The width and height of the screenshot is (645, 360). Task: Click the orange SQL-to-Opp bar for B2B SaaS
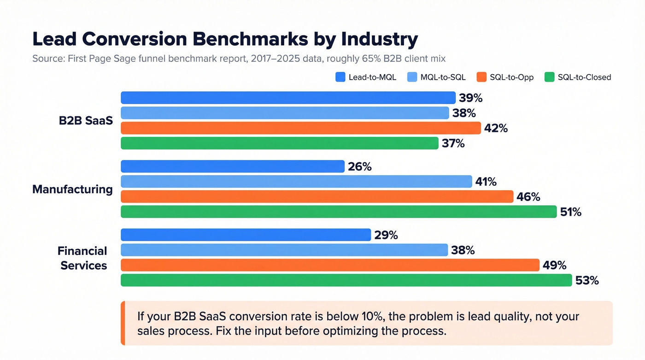(x=301, y=128)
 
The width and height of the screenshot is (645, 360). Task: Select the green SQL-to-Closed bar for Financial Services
(x=346, y=280)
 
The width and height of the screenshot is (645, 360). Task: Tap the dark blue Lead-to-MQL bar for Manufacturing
(x=233, y=166)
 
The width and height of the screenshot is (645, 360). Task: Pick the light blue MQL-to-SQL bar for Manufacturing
(x=296, y=182)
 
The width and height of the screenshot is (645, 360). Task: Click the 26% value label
(x=360, y=167)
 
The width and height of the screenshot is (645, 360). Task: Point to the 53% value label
(x=587, y=280)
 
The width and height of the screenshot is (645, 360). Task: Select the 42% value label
(x=496, y=129)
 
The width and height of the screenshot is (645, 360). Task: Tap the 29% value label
(x=386, y=235)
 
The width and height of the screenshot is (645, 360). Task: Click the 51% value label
(x=570, y=212)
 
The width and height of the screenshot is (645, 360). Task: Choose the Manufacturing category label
(x=72, y=189)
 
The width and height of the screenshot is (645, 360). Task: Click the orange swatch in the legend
(x=481, y=77)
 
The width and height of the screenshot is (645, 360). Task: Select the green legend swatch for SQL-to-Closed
(x=549, y=77)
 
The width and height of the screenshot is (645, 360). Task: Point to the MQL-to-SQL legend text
(x=443, y=77)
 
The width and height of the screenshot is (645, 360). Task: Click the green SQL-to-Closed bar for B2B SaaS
(x=280, y=143)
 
